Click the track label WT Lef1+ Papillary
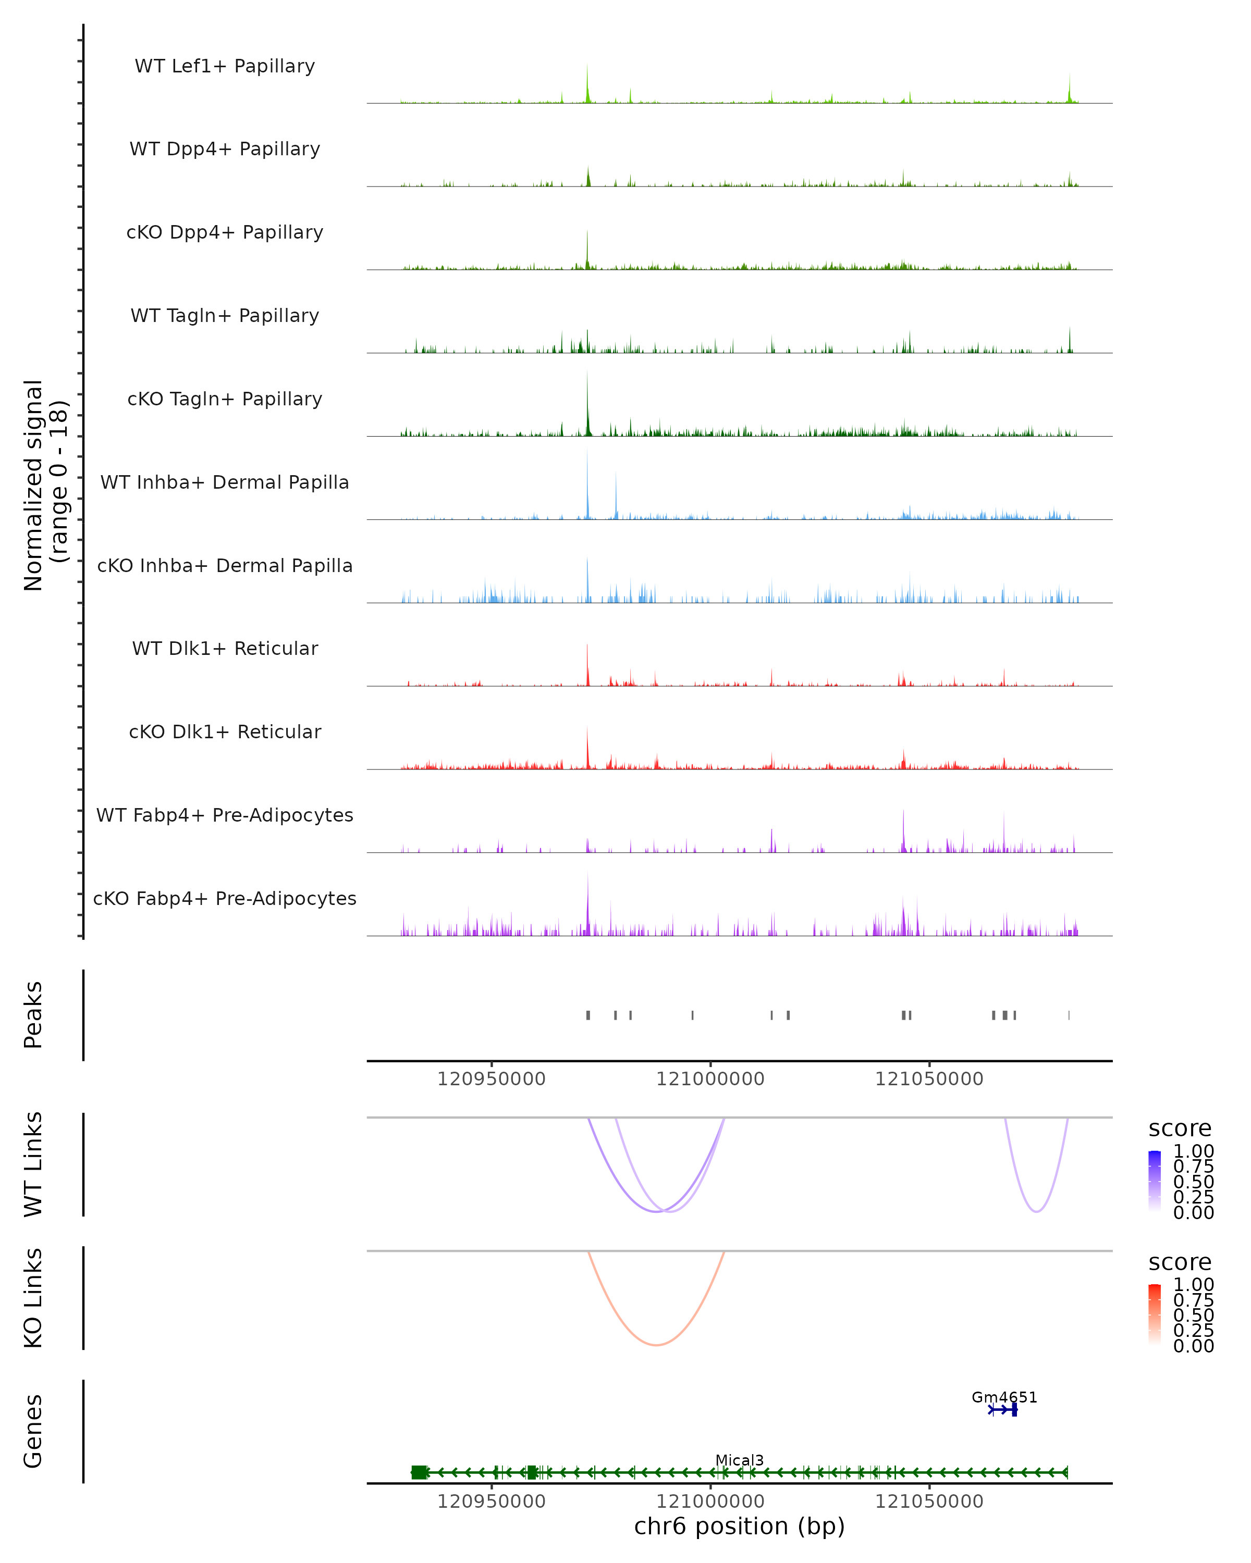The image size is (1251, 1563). point(225,66)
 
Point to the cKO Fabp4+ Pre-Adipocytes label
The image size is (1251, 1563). point(225,898)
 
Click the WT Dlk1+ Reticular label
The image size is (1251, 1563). point(225,648)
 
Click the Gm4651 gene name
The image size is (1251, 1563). point(1004,1397)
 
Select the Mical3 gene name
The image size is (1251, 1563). point(739,1460)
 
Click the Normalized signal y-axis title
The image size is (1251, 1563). point(45,485)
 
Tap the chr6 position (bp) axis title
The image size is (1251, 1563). point(739,1526)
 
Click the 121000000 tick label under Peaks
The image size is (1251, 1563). point(710,1079)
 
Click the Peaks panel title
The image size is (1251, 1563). point(33,1015)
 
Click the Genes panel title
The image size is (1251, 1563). point(33,1431)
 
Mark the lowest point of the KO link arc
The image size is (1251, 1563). point(656,1345)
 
